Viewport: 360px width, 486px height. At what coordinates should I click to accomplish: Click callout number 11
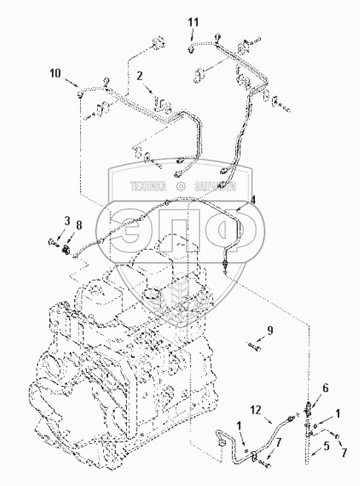(x=193, y=22)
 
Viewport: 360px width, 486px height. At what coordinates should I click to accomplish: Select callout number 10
(x=55, y=74)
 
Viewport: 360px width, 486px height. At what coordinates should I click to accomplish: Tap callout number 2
(x=140, y=76)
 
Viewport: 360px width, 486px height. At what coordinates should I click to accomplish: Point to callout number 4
(x=254, y=200)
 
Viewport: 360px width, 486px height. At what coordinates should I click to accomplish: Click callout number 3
(x=67, y=221)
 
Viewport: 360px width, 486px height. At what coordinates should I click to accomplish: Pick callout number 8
(x=79, y=225)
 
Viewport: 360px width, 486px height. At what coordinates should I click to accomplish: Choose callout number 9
(x=270, y=331)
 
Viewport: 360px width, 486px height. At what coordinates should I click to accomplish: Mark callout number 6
(x=326, y=388)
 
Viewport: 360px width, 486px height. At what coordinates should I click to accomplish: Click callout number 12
(x=256, y=410)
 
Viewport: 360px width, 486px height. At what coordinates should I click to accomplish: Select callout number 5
(x=326, y=446)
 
